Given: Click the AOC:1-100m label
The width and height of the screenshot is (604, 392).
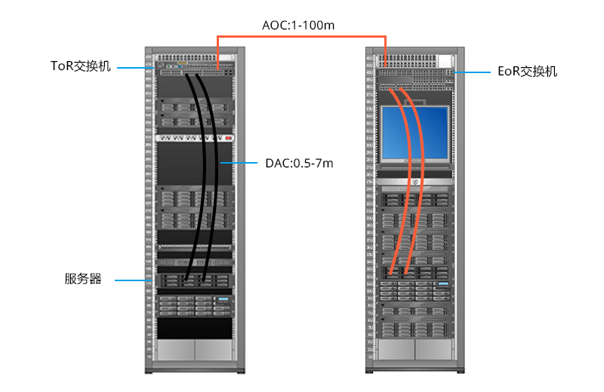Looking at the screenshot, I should coord(298,25).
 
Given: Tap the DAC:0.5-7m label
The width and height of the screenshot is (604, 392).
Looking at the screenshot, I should coord(299,162).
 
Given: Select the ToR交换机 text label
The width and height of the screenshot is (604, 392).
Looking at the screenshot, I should coord(81,66).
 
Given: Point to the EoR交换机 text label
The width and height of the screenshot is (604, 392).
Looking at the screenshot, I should coord(528,72).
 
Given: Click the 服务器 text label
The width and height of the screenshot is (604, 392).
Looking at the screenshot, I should coord(82,280).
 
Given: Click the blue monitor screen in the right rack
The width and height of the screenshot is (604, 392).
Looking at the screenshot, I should coord(414,132).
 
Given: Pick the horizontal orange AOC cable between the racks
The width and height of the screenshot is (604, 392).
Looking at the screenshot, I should coord(302,36).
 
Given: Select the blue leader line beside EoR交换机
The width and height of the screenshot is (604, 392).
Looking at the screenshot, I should coord(474,72).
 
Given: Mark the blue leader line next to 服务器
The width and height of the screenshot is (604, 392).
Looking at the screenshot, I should coord(132,280).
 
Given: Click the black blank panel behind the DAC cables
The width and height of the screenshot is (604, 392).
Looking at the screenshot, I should coord(174,162).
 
